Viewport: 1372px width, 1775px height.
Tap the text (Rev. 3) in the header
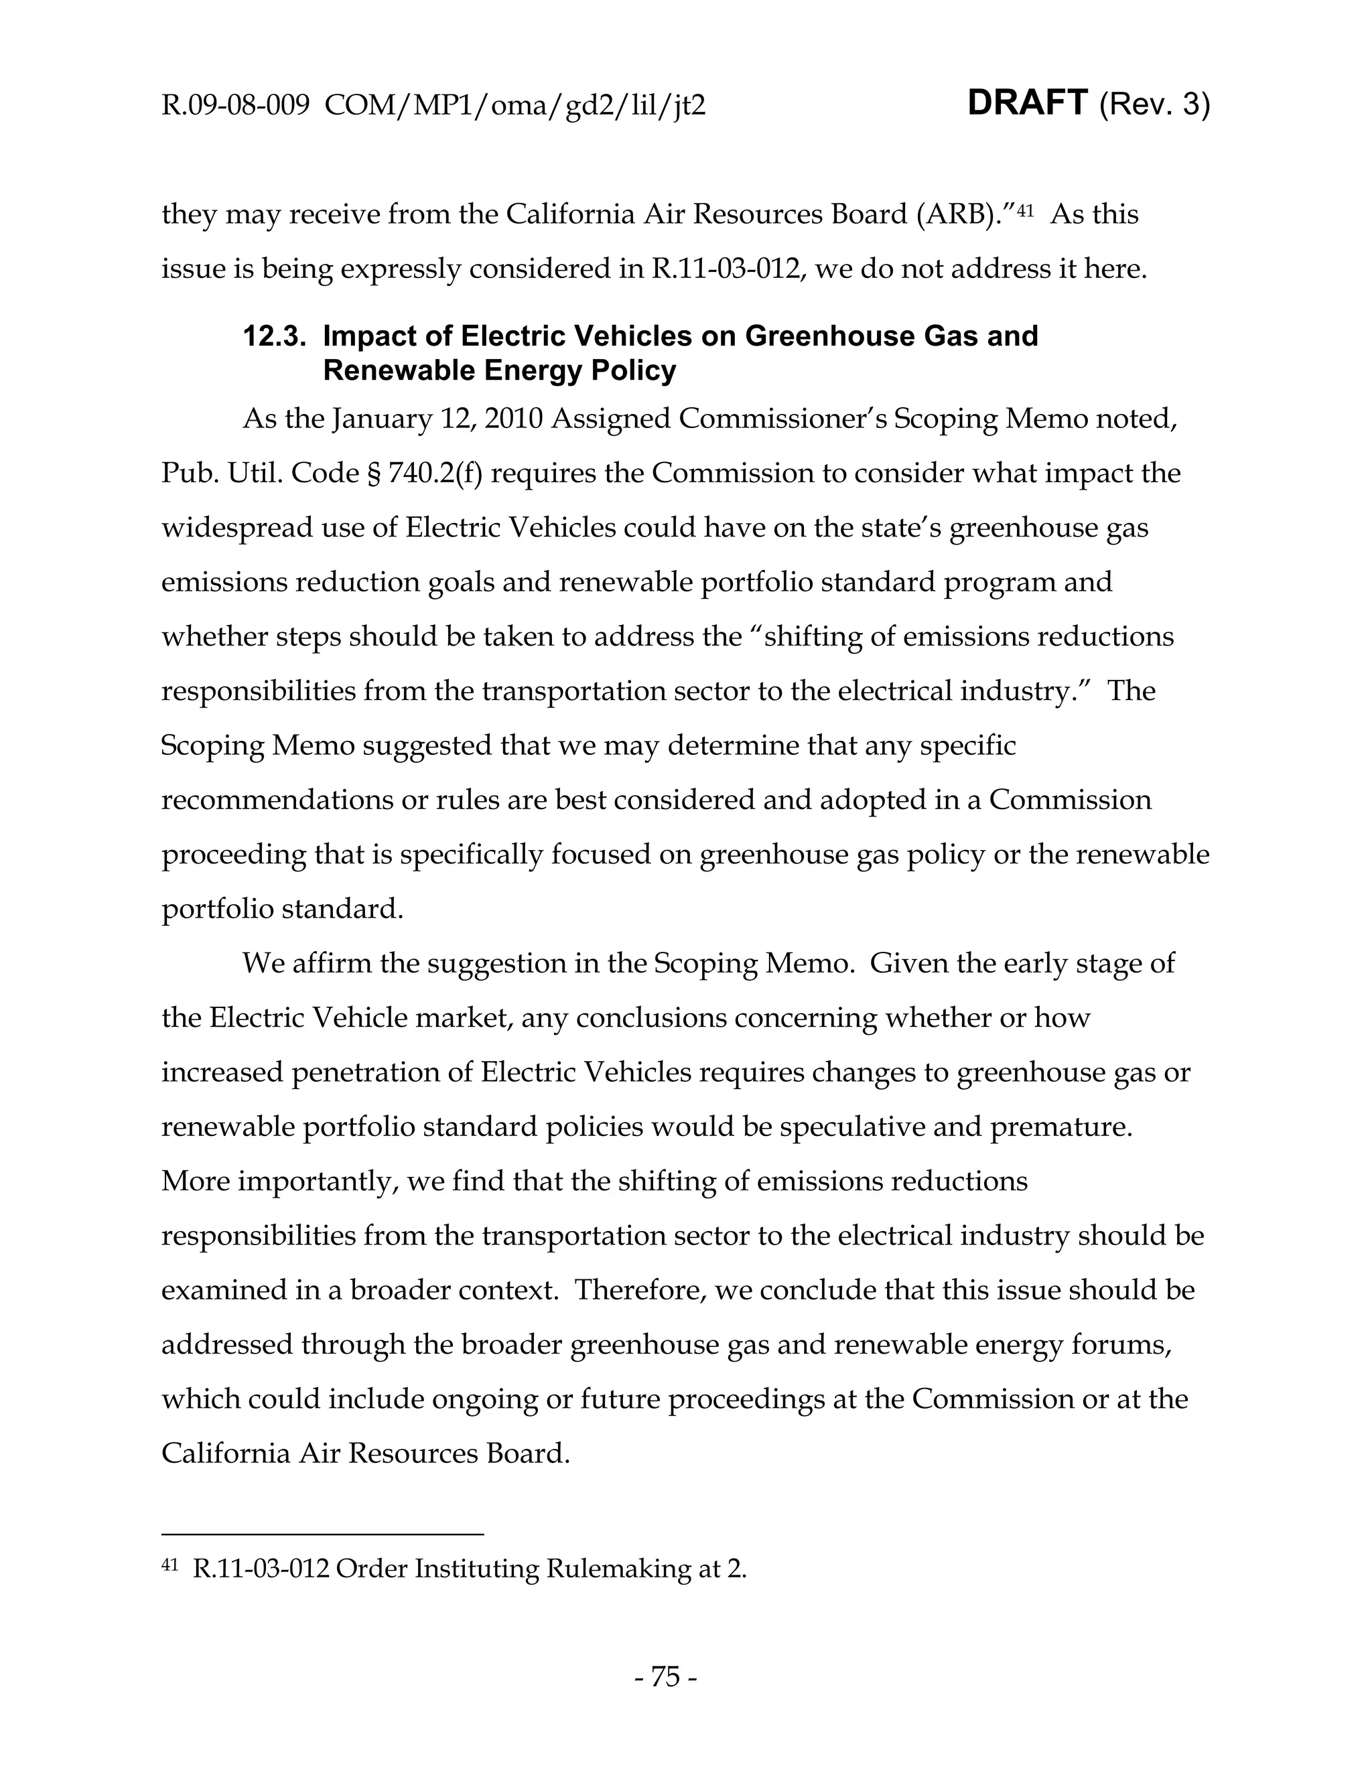pyautogui.click(x=1154, y=105)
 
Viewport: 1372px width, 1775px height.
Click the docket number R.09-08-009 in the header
pyautogui.click(x=236, y=106)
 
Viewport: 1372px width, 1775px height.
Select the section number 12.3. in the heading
pyautogui.click(x=275, y=336)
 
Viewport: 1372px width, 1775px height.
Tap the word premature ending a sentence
pyautogui.click(x=1060, y=1127)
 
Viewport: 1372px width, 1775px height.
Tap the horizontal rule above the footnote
pyautogui.click(x=323, y=1535)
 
